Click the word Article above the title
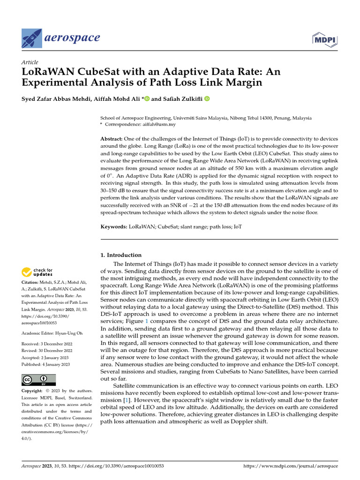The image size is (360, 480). tap(30, 62)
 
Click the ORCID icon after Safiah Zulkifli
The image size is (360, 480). tap(207, 98)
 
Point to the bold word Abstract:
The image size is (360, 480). tap(111, 139)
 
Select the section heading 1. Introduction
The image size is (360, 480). tap(121, 255)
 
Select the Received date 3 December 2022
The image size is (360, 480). tap(60, 343)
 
